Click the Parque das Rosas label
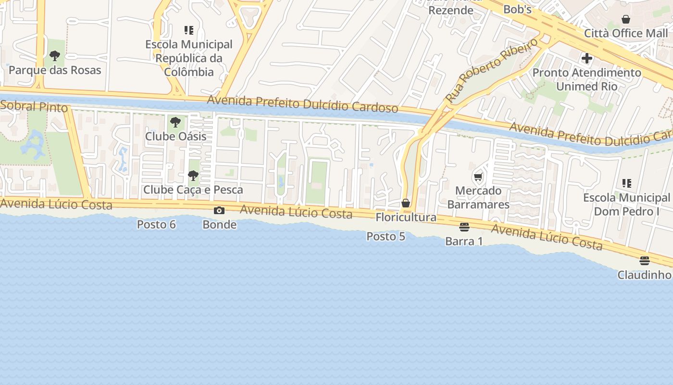55,70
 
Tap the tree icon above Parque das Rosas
55,56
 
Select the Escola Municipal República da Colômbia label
189,58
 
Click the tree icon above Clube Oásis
175,122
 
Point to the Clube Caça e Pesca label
193,190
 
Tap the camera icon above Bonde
219,211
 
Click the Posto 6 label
156,225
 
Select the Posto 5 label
386,237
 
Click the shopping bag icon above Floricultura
406,203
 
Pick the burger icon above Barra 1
464,227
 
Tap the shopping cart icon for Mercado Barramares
478,177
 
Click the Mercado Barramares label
478,198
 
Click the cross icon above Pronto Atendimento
586,59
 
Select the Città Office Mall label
626,33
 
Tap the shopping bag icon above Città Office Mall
626,19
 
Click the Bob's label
517,10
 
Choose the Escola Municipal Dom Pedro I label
626,205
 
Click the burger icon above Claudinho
645,261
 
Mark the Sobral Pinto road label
34,106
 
